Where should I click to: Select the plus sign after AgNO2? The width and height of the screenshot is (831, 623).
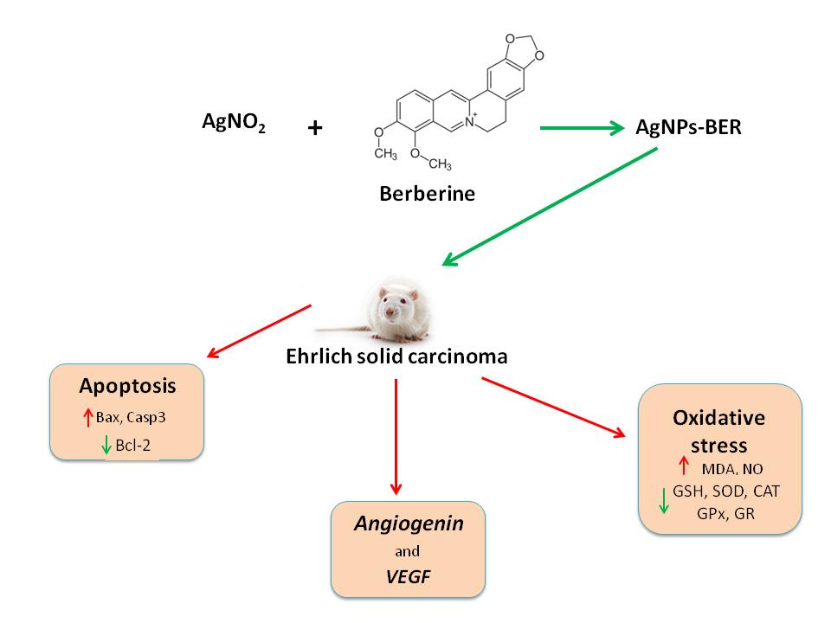click(315, 129)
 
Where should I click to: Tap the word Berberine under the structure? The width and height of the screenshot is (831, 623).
click(427, 194)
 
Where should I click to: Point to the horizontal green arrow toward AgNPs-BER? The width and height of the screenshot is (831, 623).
click(582, 129)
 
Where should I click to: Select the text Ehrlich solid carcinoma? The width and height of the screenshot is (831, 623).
click(396, 356)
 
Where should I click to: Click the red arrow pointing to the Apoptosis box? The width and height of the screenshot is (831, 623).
click(259, 331)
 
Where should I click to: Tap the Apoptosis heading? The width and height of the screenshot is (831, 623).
click(127, 385)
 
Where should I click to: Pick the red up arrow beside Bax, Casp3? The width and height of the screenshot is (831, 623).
click(87, 418)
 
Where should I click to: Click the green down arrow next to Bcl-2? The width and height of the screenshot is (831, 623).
click(106, 446)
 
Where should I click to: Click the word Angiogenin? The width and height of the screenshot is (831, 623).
click(409, 524)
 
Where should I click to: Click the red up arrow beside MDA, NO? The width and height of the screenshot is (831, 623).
click(683, 466)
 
